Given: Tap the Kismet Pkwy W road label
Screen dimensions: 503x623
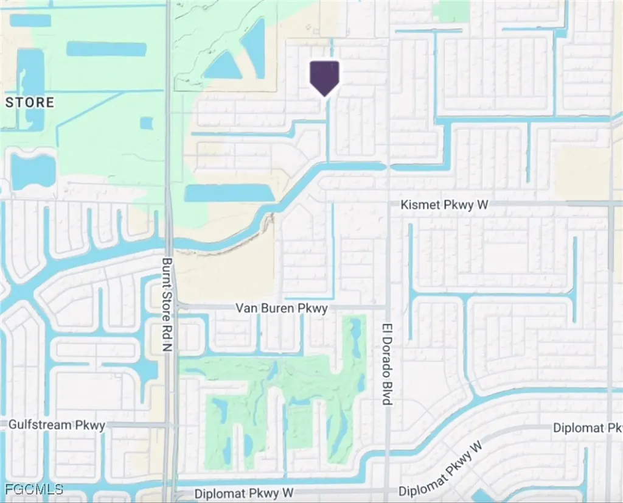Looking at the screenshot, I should (x=444, y=205).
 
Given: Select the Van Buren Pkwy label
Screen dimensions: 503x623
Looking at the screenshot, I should (x=281, y=308).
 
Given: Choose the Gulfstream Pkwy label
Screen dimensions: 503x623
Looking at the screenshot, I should (x=57, y=424).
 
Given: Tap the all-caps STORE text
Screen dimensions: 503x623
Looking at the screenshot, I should (x=30, y=102).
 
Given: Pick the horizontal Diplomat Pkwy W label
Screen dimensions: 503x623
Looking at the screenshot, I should (x=244, y=492).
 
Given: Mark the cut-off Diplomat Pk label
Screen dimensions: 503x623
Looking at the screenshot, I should (x=587, y=428).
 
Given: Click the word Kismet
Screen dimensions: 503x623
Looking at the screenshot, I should (x=419, y=205).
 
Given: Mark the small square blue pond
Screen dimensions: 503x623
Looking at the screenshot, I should (x=146, y=123).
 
